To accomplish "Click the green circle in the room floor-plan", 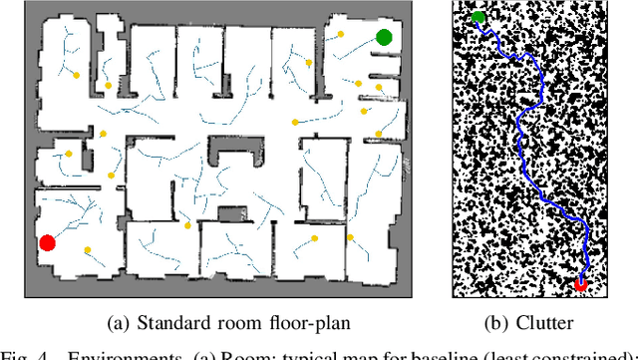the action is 384,38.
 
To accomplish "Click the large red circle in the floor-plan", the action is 47,242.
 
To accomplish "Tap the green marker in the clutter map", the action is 478,17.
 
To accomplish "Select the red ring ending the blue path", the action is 581,284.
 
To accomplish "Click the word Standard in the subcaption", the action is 171,322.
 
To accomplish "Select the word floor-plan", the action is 303,322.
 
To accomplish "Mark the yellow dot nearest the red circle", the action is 87,249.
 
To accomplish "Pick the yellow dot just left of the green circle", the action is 341,33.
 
